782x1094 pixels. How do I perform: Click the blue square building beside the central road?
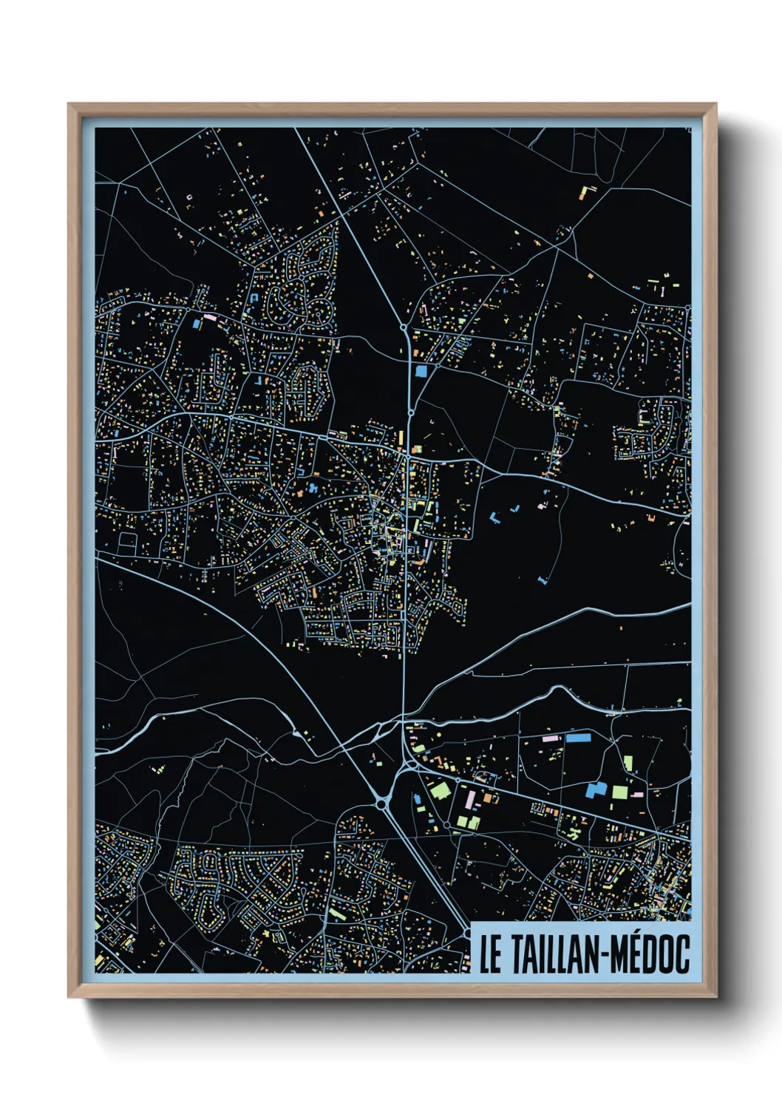[421, 371]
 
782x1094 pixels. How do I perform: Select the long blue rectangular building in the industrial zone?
[579, 737]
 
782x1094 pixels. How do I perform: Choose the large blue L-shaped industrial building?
[596, 789]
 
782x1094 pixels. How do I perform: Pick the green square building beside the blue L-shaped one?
[619, 792]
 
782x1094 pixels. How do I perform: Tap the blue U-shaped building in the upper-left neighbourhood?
[255, 296]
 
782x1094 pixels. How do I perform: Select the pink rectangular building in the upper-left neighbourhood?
[209, 318]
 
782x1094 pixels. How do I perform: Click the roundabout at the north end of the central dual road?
[404, 327]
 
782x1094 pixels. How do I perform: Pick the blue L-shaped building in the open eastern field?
[494, 517]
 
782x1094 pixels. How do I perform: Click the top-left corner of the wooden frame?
[69, 104]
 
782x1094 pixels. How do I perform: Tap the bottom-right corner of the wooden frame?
[716, 997]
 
